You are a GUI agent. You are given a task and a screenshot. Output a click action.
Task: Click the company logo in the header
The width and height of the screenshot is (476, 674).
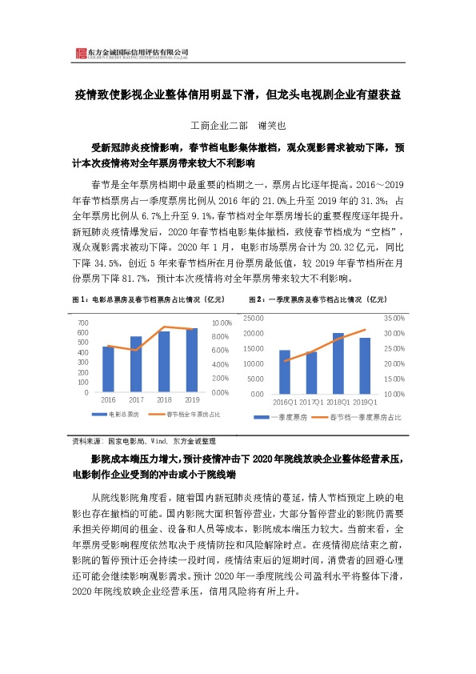(x=79, y=54)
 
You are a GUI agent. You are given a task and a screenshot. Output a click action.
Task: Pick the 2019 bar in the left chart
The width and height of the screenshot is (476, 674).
(x=191, y=360)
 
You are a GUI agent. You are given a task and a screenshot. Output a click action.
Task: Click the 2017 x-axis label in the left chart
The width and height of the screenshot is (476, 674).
(x=136, y=399)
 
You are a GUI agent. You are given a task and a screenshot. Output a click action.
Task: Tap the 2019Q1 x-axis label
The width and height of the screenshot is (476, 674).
(x=365, y=402)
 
